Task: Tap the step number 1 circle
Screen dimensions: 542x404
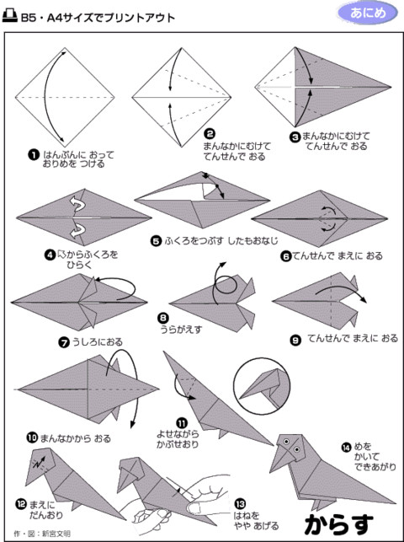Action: click(x=33, y=154)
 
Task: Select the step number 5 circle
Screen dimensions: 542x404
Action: click(x=157, y=240)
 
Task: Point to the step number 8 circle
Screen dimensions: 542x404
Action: click(x=164, y=318)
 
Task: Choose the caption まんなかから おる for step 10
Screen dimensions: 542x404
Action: click(x=75, y=438)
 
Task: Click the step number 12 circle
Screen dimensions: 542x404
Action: click(x=21, y=504)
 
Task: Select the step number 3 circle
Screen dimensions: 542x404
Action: click(x=295, y=137)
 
